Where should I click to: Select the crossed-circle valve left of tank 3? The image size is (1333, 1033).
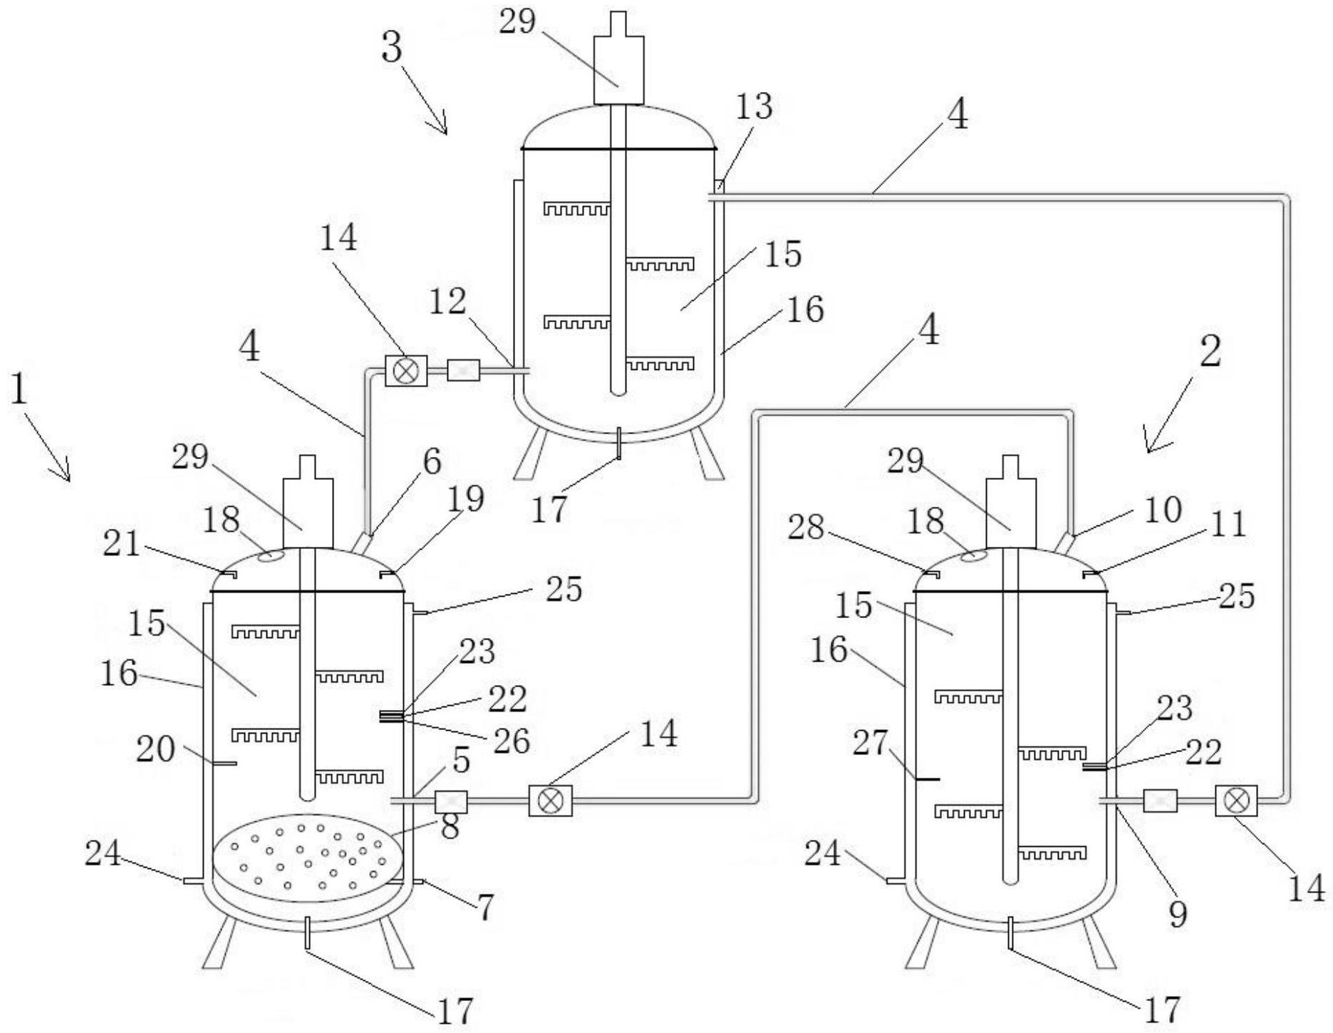406,371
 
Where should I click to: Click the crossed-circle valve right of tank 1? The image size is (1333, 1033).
550,801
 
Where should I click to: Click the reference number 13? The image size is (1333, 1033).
753,107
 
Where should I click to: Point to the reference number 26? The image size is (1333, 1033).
512,741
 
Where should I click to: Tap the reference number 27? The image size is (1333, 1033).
870,743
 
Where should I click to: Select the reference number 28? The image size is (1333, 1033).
806,528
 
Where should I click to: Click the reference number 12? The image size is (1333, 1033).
447,302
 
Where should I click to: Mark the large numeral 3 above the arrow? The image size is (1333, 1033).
392,48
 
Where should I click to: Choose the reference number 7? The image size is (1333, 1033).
485,908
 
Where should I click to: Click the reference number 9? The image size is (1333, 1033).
1178,914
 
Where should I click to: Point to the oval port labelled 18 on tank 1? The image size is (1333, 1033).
270,556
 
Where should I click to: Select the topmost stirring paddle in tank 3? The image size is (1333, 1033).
577,209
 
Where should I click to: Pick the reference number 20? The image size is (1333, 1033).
155,749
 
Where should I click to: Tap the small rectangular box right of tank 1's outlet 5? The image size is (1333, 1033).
451,801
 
